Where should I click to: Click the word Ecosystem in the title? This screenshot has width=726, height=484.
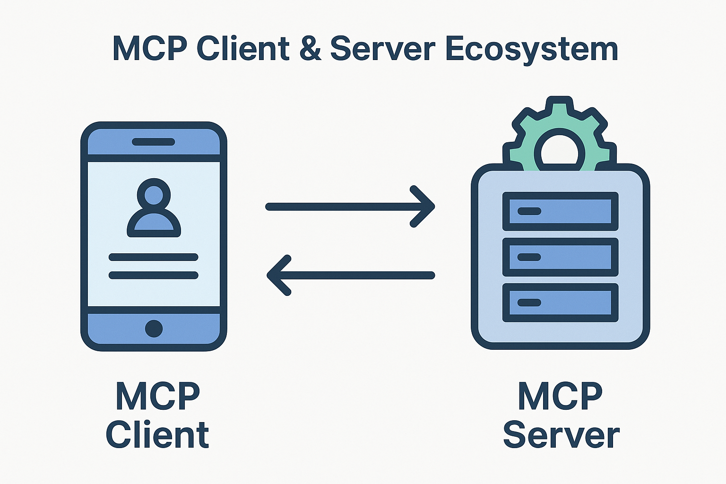click(531, 49)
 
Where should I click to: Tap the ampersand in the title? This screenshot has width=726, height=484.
click(310, 48)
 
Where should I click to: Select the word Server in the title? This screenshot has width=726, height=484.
click(382, 48)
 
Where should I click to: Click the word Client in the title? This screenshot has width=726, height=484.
click(243, 48)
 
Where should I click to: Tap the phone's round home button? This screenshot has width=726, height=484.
click(154, 328)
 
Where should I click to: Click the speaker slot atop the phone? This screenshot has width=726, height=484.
click(153, 142)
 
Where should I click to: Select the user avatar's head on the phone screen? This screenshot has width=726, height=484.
click(154, 194)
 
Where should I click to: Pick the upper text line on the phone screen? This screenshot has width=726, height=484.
click(153, 257)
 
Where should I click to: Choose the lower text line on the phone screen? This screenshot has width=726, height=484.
click(153, 275)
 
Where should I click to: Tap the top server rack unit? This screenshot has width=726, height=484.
click(560, 211)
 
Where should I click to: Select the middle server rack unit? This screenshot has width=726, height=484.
click(560, 257)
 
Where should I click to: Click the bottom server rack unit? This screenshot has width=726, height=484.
click(560, 302)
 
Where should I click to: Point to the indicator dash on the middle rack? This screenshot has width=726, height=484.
click(529, 258)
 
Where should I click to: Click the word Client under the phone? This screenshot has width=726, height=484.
click(157, 435)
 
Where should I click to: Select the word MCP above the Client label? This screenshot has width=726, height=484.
click(158, 396)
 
